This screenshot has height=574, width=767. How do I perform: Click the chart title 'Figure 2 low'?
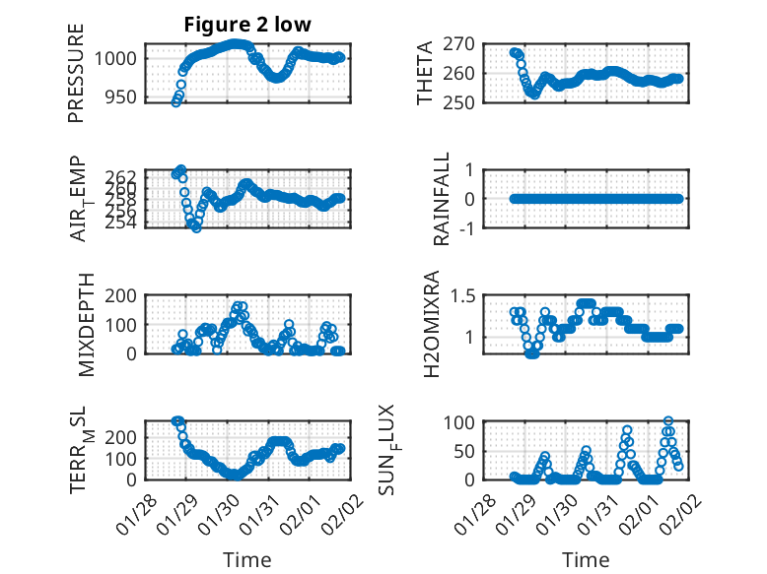point(247,26)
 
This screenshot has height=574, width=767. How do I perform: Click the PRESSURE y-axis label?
point(77,73)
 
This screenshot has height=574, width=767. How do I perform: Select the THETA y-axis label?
point(424,73)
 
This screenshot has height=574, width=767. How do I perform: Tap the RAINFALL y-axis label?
point(442,199)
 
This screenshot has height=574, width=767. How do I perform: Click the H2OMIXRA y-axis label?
point(432,324)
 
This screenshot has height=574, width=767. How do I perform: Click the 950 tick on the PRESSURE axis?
point(125,99)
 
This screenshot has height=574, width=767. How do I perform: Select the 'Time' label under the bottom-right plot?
point(586,559)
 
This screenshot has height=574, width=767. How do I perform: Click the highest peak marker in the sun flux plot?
point(668,421)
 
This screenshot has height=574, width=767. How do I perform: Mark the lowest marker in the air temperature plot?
point(197,227)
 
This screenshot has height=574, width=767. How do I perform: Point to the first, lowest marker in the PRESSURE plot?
point(175,102)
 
